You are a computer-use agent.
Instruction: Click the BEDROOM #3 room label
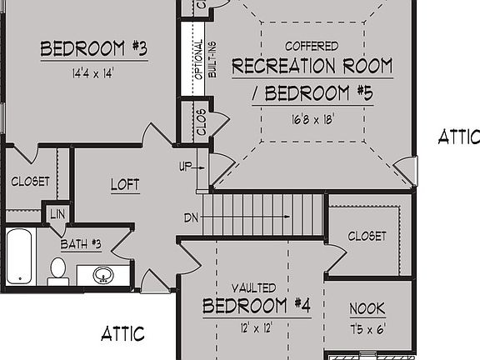(x=94, y=49)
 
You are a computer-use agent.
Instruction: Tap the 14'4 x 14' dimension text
(x=92, y=72)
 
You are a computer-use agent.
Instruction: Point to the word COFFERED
(x=312, y=46)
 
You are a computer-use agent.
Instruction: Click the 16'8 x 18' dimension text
(x=312, y=119)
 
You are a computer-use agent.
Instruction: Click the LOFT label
(x=125, y=184)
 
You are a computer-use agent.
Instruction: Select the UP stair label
(x=185, y=167)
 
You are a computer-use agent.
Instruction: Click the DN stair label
(x=191, y=217)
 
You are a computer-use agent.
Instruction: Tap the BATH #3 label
(x=81, y=244)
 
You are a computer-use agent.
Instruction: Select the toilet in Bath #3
(x=57, y=270)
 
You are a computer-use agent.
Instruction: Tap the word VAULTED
(x=248, y=286)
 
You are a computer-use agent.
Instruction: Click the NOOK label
(x=367, y=308)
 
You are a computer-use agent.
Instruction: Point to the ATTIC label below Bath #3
(x=122, y=334)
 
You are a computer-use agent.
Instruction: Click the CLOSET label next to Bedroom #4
(x=367, y=236)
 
